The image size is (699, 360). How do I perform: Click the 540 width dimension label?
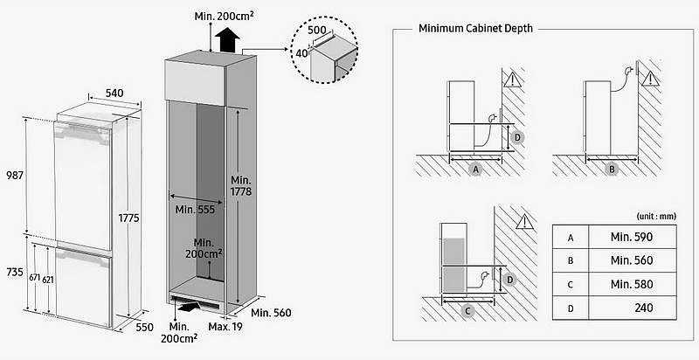coord(114,93)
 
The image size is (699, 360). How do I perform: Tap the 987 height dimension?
coord(14,176)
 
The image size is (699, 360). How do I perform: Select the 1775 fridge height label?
coord(128,218)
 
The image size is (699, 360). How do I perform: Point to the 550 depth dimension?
coord(144,327)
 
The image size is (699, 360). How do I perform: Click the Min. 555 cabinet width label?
coord(195,210)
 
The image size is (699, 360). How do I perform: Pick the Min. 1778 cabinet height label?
coord(241,186)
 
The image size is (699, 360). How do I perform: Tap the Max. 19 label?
coord(225,327)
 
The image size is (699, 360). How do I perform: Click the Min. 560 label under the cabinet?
coord(271,313)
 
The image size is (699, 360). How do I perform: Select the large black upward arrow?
coord(227,40)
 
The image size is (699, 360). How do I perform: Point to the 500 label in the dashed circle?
coord(317,31)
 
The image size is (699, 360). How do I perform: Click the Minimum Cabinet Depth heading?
coord(475,29)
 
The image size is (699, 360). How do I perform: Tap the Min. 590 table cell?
coord(632,237)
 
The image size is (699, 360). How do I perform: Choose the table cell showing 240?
coord(632,308)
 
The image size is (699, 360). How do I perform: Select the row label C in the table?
coord(571,284)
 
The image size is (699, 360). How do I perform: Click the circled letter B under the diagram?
coord(612,170)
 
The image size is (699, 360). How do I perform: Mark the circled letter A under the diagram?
coord(476,170)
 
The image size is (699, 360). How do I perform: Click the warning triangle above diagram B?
coord(650,80)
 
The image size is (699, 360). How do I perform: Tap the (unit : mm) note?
coord(657,217)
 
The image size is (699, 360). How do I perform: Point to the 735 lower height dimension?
coord(15,272)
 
